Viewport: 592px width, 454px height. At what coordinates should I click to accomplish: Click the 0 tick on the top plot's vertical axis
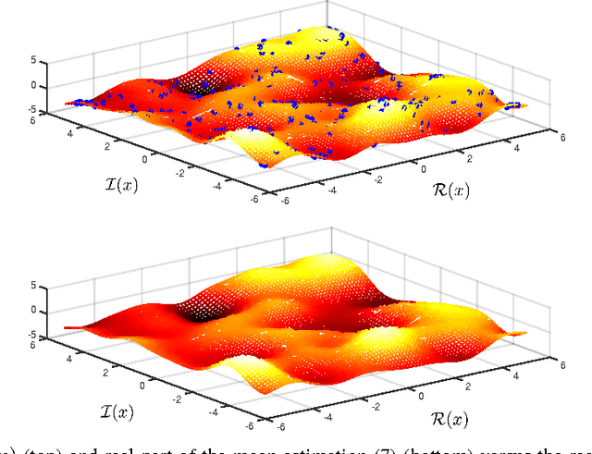(x=34, y=86)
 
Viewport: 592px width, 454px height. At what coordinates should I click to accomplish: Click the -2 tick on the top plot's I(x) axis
(x=210, y=173)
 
